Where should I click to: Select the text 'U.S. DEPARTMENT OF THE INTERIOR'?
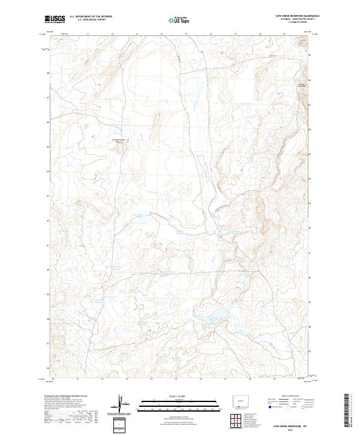(x=91, y=17)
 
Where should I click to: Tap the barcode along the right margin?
(x=347, y=410)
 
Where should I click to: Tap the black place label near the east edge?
(x=302, y=85)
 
